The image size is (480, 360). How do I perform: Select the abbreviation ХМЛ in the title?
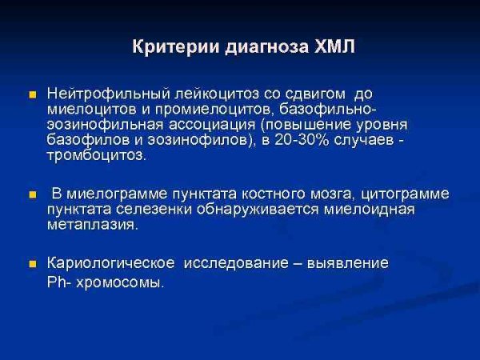click(332, 47)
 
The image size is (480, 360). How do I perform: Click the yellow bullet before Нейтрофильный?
click(33, 95)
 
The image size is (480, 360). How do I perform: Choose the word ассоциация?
click(221, 125)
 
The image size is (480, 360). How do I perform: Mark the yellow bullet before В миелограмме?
click(33, 194)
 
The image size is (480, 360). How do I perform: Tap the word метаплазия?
click(93, 225)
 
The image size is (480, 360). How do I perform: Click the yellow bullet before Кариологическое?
click(33, 263)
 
